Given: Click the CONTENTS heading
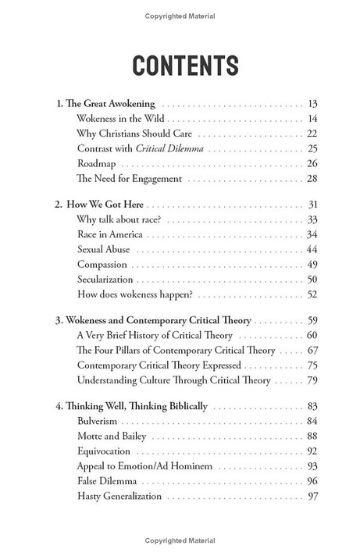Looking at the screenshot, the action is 180,66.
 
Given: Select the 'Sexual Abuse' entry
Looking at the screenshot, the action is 104,250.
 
